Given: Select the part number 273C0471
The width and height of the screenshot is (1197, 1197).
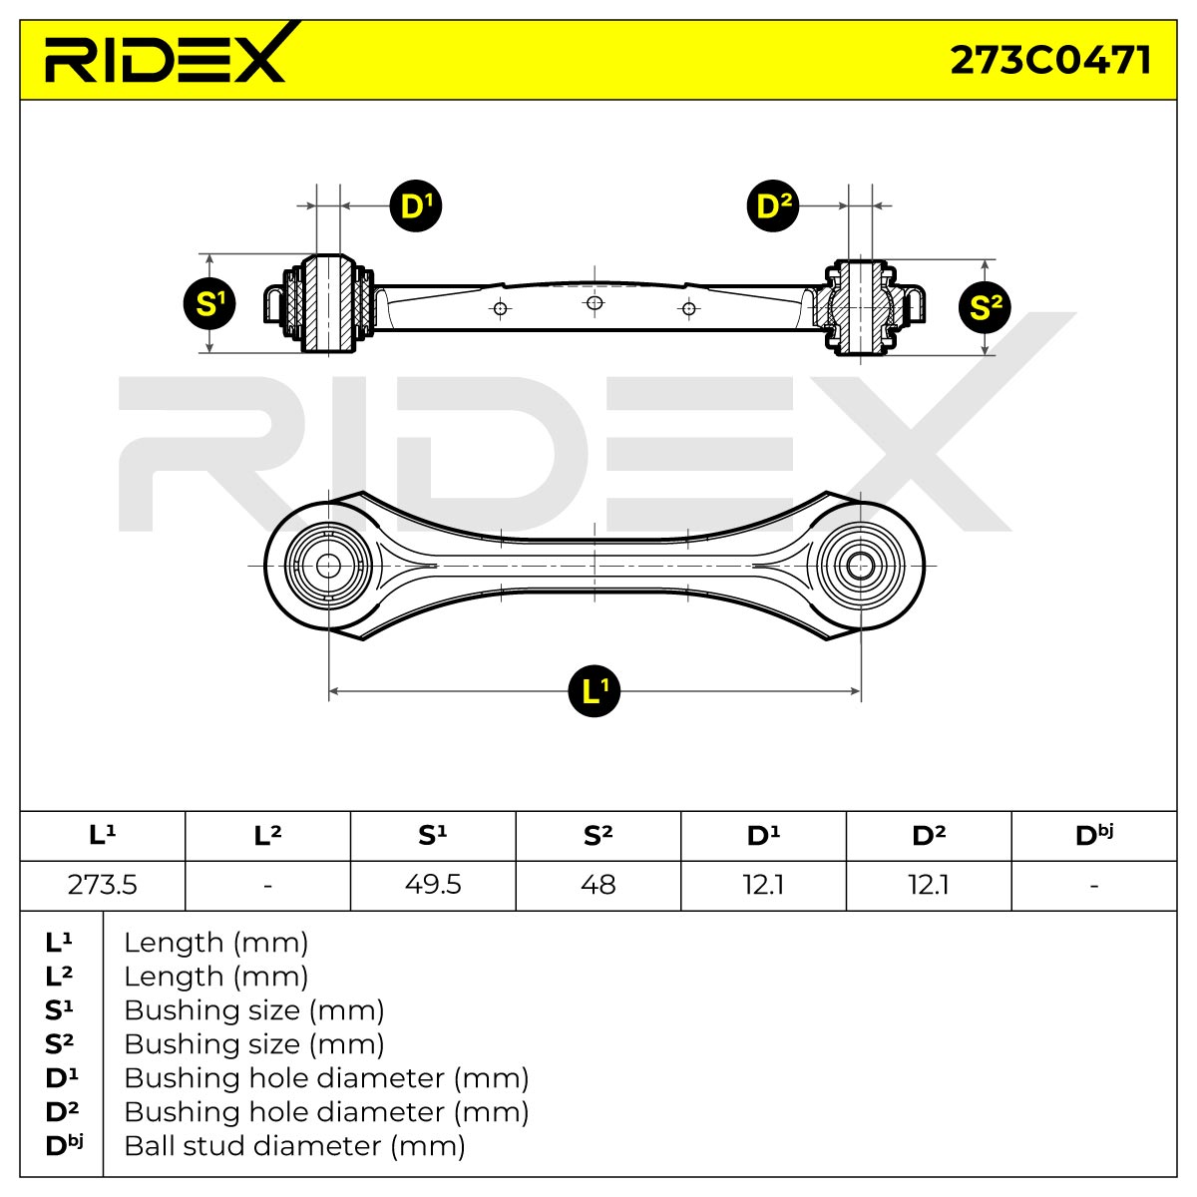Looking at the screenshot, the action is (1050, 60).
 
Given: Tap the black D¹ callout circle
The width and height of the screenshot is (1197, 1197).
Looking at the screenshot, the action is (416, 205).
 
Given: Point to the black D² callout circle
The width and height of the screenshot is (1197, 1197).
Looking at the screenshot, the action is (773, 205).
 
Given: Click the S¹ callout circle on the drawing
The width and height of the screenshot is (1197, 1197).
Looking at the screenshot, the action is (209, 304).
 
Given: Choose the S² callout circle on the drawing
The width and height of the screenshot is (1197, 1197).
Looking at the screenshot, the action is (985, 307).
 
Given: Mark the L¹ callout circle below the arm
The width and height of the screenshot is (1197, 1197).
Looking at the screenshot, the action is (595, 690).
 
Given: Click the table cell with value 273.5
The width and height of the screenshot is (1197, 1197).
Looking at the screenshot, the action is (103, 885).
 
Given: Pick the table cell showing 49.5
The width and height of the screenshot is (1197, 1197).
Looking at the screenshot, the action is (433, 885).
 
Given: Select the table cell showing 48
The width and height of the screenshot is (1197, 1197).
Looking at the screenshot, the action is (598, 885).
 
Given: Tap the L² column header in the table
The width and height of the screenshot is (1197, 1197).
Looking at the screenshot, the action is (267, 836).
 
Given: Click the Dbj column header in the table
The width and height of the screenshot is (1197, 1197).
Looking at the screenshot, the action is (1094, 836).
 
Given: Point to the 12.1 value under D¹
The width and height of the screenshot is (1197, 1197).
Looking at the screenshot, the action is (763, 885).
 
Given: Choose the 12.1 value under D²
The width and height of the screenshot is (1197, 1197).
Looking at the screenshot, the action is (929, 885).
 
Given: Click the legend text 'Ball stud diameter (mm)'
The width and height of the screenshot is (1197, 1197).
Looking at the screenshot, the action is (294, 1146).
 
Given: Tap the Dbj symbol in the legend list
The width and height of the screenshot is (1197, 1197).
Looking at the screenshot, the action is (64, 1146).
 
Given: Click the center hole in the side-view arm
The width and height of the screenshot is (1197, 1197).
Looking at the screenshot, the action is (595, 303).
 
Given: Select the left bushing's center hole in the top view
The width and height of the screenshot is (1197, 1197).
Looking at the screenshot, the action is (328, 566).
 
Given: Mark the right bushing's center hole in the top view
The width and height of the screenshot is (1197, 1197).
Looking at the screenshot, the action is (860, 566).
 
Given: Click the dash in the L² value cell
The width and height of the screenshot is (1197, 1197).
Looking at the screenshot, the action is (267, 885).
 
